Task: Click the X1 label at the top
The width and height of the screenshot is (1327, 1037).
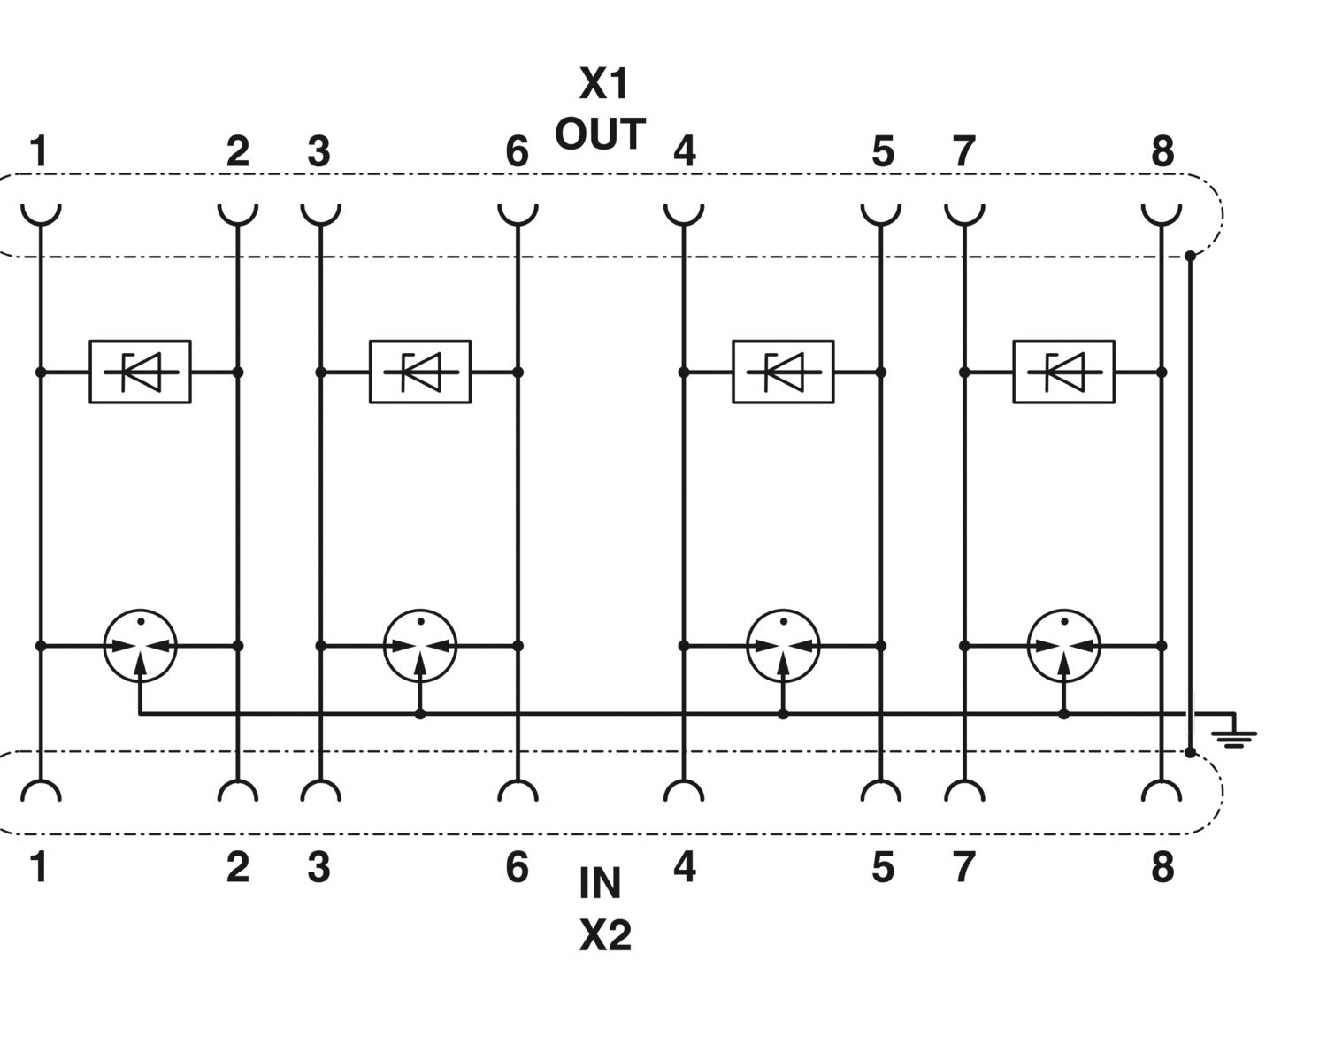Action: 603,84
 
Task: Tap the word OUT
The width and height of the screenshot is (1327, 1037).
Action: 600,134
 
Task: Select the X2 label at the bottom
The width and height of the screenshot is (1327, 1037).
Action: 605,934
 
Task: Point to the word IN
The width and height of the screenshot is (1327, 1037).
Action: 600,883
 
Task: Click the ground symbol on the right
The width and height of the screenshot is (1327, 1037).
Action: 1235,734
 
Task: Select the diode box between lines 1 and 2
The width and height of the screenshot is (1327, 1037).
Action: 140,372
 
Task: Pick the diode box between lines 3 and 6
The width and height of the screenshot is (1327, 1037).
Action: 419,372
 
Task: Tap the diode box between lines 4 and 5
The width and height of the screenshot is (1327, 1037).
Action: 783,372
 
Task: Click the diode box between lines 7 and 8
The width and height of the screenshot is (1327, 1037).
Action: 1063,372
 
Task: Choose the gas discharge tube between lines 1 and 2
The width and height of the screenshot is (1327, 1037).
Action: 140,645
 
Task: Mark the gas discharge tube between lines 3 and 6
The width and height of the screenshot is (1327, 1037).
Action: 420,645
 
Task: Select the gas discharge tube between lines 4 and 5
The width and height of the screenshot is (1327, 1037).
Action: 783,645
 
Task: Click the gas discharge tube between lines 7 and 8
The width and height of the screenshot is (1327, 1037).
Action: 1063,645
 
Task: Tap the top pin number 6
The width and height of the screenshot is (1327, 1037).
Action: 517,152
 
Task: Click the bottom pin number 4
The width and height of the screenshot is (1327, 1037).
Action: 684,867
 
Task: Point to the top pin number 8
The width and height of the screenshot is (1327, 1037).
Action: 1162,152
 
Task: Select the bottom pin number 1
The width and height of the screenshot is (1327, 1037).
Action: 38,867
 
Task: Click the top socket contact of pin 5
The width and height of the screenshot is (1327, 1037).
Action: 881,212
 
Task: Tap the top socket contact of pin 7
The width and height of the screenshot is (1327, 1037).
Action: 964,212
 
